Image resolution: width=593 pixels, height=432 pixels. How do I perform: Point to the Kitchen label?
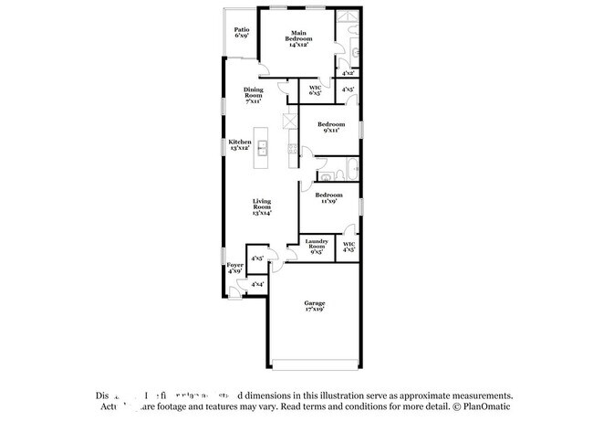point(240,146)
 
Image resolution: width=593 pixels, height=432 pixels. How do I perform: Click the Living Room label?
point(263,207)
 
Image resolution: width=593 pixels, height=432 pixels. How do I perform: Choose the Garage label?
point(315,306)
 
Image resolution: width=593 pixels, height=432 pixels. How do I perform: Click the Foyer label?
point(234,269)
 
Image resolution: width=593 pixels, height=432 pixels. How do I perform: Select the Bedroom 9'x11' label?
point(331,127)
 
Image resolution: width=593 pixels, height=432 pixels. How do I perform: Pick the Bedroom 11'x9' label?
point(328,197)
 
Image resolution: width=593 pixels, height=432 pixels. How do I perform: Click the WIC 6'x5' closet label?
point(316,90)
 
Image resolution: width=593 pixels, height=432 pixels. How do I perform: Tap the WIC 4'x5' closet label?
point(349,247)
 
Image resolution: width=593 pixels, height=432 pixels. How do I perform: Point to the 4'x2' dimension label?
point(348,72)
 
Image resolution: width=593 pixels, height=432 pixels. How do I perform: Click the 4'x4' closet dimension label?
point(257,285)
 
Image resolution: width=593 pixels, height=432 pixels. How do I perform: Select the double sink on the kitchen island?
point(262,149)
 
